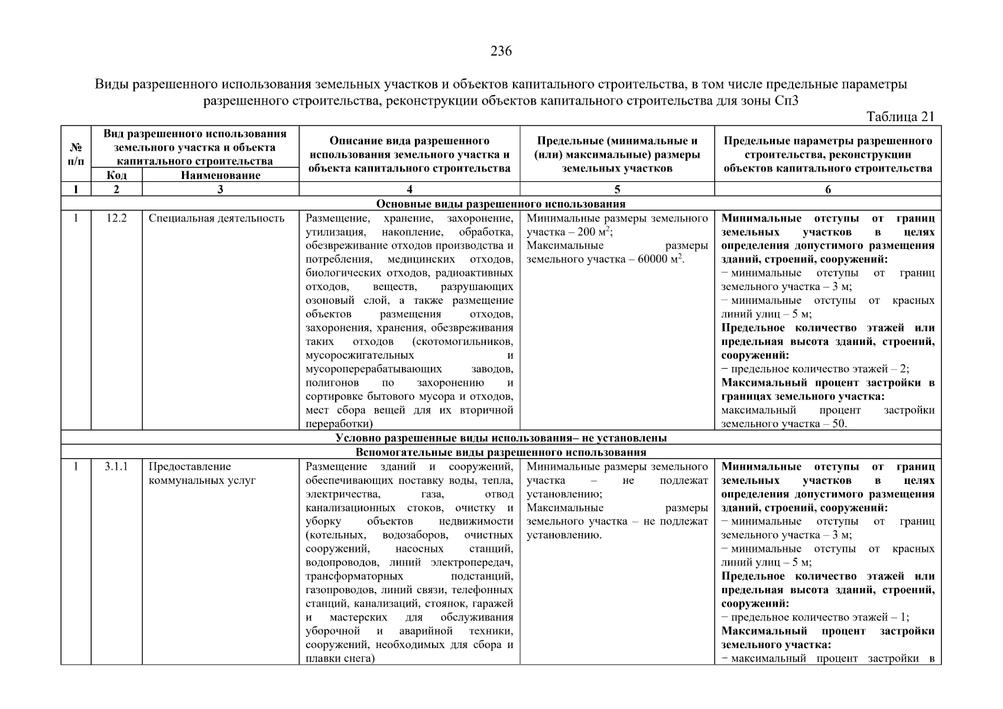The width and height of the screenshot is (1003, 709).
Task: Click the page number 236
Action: pyautogui.click(x=501, y=51)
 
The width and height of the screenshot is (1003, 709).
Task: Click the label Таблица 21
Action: pyautogui.click(x=900, y=116)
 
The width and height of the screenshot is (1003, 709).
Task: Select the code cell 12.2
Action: pyautogui.click(x=116, y=218)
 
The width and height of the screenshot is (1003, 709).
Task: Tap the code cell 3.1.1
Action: pyautogui.click(x=116, y=467)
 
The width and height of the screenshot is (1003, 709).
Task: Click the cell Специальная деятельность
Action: pyautogui.click(x=216, y=218)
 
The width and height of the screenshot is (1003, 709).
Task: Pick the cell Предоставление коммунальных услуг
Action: pyautogui.click(x=202, y=473)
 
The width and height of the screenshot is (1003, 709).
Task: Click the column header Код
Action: pyautogui.click(x=116, y=175)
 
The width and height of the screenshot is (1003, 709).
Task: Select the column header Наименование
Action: pyautogui.click(x=220, y=175)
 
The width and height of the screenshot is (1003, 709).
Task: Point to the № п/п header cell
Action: pyautogui.click(x=76, y=154)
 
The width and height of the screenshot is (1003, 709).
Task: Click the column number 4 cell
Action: pyautogui.click(x=410, y=189)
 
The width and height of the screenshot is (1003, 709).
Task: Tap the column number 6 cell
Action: pyautogui.click(x=827, y=189)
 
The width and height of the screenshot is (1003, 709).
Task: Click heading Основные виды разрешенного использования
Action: pyautogui.click(x=501, y=204)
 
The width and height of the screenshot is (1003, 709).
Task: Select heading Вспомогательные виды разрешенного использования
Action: pyautogui.click(x=501, y=452)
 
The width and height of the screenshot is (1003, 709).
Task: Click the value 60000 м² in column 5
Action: pyautogui.click(x=660, y=259)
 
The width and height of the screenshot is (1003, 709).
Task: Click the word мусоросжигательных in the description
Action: pyautogui.click(x=359, y=355)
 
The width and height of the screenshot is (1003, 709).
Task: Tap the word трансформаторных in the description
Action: pyautogui.click(x=354, y=576)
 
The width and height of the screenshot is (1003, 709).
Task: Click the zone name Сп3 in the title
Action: pyautogui.click(x=786, y=100)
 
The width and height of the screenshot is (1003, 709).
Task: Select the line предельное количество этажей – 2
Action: pyautogui.click(x=815, y=369)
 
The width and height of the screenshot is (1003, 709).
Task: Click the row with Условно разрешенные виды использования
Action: pyautogui.click(x=501, y=438)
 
